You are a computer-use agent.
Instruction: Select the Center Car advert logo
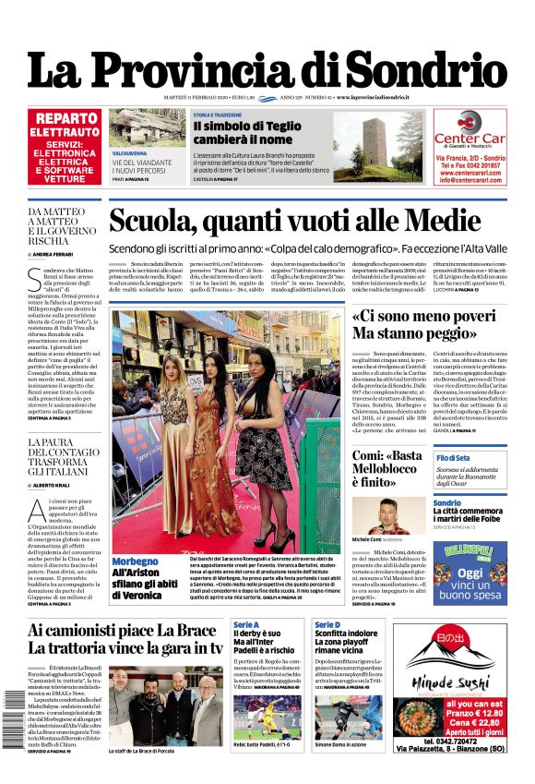[470, 127]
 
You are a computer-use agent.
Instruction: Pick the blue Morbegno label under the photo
[135, 561]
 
